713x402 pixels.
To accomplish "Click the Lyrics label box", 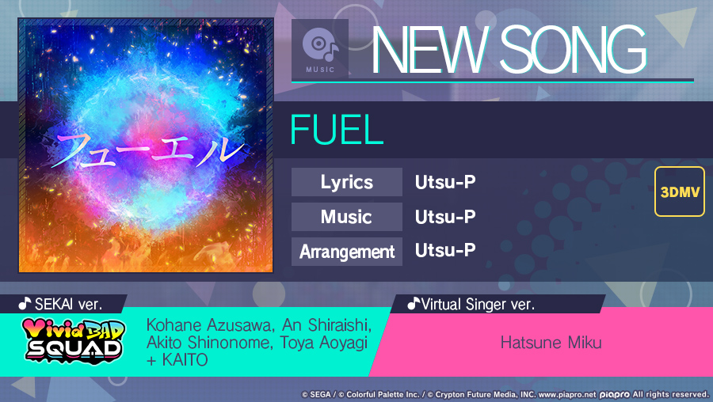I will coord(347,182).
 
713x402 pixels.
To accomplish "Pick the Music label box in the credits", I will coord(347,217).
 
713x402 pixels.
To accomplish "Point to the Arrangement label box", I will coord(347,252).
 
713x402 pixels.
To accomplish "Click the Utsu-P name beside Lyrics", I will coord(445,182).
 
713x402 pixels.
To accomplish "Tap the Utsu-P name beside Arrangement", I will coord(445,251).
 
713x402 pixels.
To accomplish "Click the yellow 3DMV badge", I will coord(680,192).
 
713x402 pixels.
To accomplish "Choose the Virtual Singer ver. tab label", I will coord(471,304).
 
